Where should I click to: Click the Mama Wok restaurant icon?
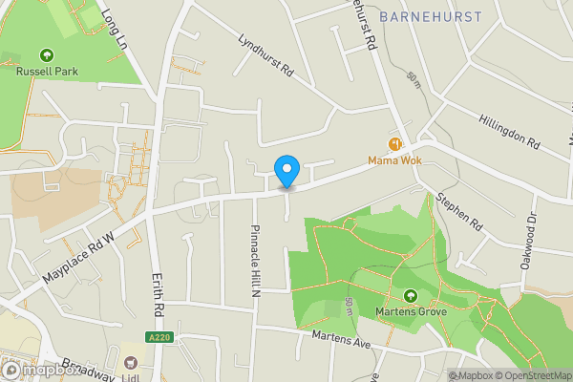point(394,143)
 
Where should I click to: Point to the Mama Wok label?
point(395,159)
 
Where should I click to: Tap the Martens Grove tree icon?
point(410,297)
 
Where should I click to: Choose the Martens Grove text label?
point(410,312)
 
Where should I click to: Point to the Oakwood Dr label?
point(529,243)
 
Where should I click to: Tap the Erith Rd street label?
point(159,296)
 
